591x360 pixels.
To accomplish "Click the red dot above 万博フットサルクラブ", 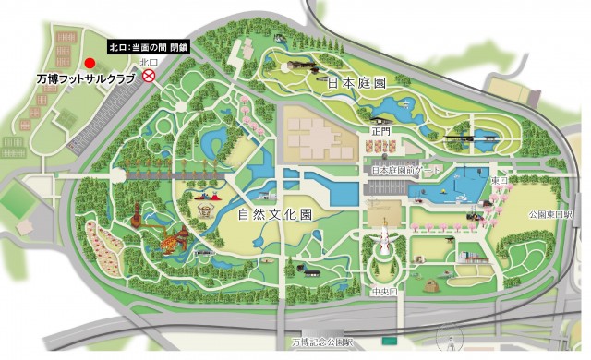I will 90,63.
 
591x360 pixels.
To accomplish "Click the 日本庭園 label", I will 356,82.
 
